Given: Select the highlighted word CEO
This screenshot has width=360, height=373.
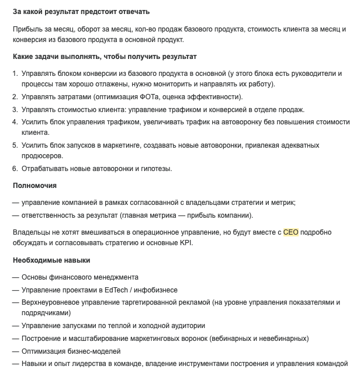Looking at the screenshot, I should click(x=291, y=232).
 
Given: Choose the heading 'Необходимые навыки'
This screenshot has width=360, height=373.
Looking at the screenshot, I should click(x=51, y=260).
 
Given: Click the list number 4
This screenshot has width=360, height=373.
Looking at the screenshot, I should click(x=15, y=121).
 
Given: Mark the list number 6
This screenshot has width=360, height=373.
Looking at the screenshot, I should click(x=15, y=169).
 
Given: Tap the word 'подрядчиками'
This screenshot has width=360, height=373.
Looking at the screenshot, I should click(x=46, y=313).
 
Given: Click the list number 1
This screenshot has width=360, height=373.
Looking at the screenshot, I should click(x=15, y=74).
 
